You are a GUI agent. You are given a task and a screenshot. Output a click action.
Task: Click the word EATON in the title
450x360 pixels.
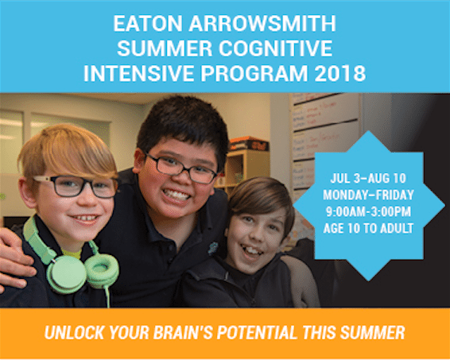coord(148,23)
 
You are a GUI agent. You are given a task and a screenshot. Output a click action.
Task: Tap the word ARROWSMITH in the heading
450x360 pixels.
coord(262,23)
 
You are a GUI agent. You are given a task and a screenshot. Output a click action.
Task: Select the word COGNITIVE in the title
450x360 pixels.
coord(276,48)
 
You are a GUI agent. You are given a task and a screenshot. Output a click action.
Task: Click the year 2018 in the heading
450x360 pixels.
coord(340,73)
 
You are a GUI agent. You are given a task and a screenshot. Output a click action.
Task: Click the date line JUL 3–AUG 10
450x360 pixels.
coord(368,179)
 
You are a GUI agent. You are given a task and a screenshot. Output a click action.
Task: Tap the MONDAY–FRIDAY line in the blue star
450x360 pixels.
coord(368,195)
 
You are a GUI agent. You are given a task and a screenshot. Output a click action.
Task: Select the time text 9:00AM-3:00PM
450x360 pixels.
coord(368,211)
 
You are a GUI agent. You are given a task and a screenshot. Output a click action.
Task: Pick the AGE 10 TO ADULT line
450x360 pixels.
coord(368,228)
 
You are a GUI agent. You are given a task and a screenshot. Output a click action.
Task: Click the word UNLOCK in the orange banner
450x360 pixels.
coord(74,332)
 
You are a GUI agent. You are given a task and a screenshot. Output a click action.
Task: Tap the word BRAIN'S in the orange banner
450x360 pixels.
coord(183,332)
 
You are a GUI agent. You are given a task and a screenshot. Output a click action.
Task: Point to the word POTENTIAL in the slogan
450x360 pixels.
coord(257,332)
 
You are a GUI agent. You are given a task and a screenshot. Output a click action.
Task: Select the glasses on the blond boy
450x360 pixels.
coord(76,187)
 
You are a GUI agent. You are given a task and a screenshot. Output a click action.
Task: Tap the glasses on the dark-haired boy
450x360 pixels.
coord(180,168)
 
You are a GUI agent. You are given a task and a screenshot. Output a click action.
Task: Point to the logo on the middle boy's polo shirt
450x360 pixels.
coord(212,249)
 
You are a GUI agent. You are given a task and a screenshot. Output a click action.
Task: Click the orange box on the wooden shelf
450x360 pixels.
coord(249,144)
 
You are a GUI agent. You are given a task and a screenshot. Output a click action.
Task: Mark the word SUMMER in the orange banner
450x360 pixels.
coord(373,332)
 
